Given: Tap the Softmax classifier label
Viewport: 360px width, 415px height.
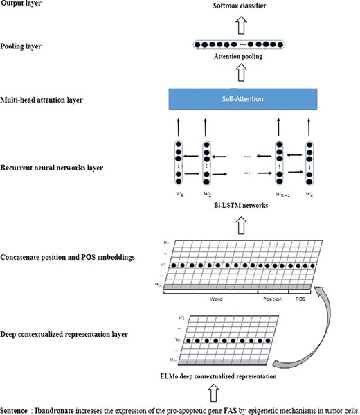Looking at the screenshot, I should [x=237, y=6].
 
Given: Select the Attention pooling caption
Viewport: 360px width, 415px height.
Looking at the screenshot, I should [x=237, y=57].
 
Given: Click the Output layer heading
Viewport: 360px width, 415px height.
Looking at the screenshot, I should [x=21, y=5].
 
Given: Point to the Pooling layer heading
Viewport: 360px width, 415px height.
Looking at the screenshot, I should [x=23, y=46].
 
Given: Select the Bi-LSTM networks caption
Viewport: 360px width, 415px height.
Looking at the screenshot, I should [x=237, y=206].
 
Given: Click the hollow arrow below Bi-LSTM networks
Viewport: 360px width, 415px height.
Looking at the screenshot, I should [x=237, y=223].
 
